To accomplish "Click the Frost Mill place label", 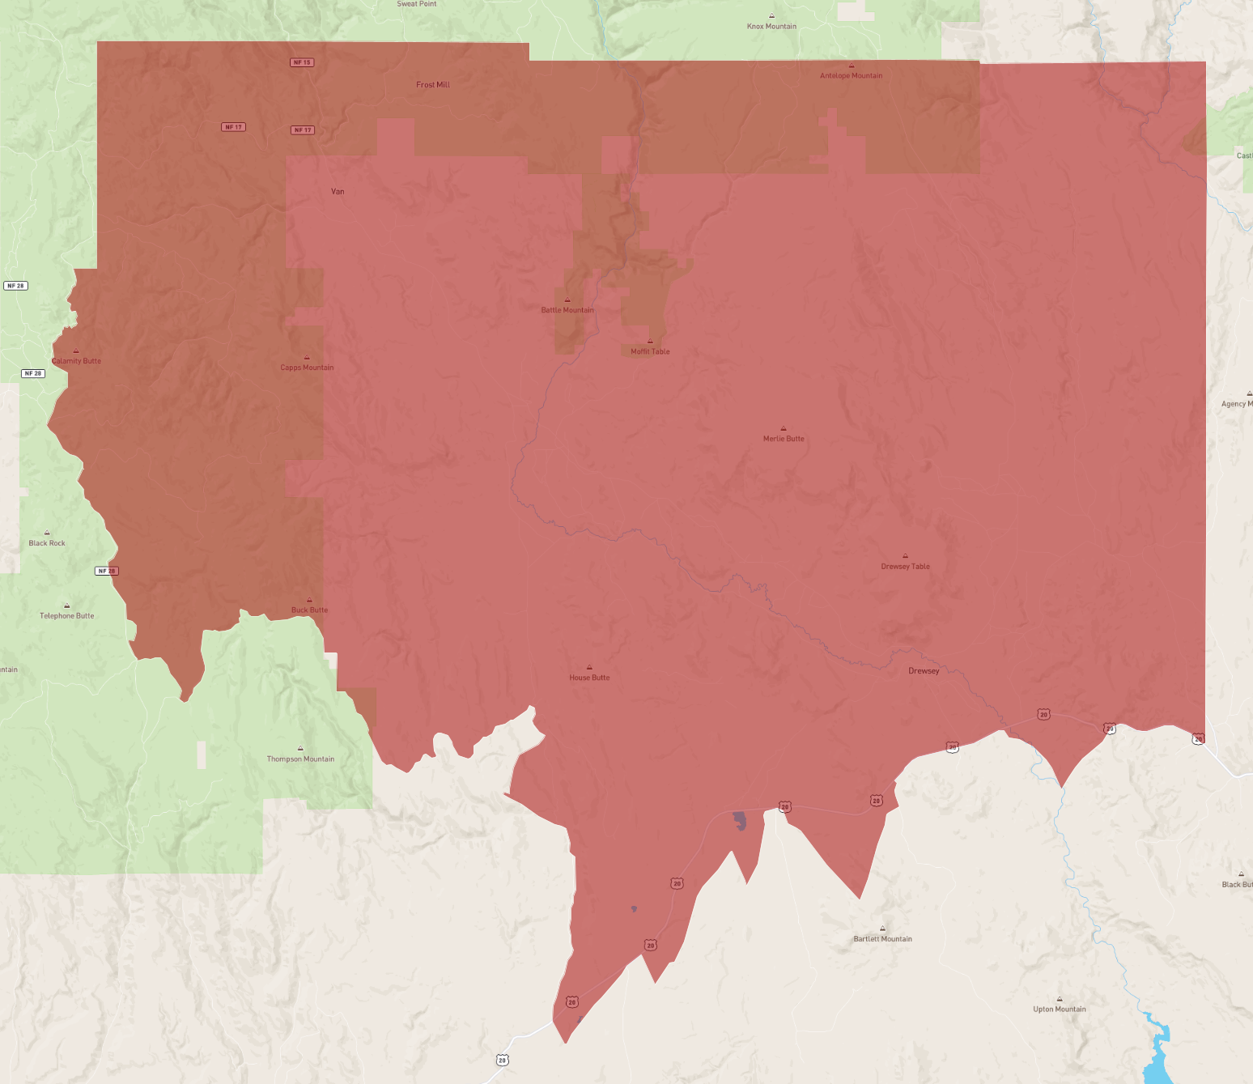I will pos(432,85).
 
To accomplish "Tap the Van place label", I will pos(338,192).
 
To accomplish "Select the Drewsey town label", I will pos(924,671).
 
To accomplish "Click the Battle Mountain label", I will pos(567,310).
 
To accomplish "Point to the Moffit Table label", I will pos(650,351).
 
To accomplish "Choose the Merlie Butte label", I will pos(784,439).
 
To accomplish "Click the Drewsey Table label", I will pos(905,567).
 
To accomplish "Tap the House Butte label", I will pos(589,678).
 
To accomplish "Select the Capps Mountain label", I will pos(307,368).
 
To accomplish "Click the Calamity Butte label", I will pos(77,361).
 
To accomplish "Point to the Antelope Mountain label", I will pos(851,76).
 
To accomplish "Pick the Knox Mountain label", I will pos(771,27).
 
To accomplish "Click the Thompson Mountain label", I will pos(300,759).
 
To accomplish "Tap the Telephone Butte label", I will pos(67,616).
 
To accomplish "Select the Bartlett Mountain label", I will pos(882,939).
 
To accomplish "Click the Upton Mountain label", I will pos(1060,1010).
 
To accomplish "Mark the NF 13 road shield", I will pos(302,62).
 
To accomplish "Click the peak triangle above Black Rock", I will pos(47,533).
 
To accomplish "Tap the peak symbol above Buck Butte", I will pos(309,600).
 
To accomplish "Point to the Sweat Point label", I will pos(417,4).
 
